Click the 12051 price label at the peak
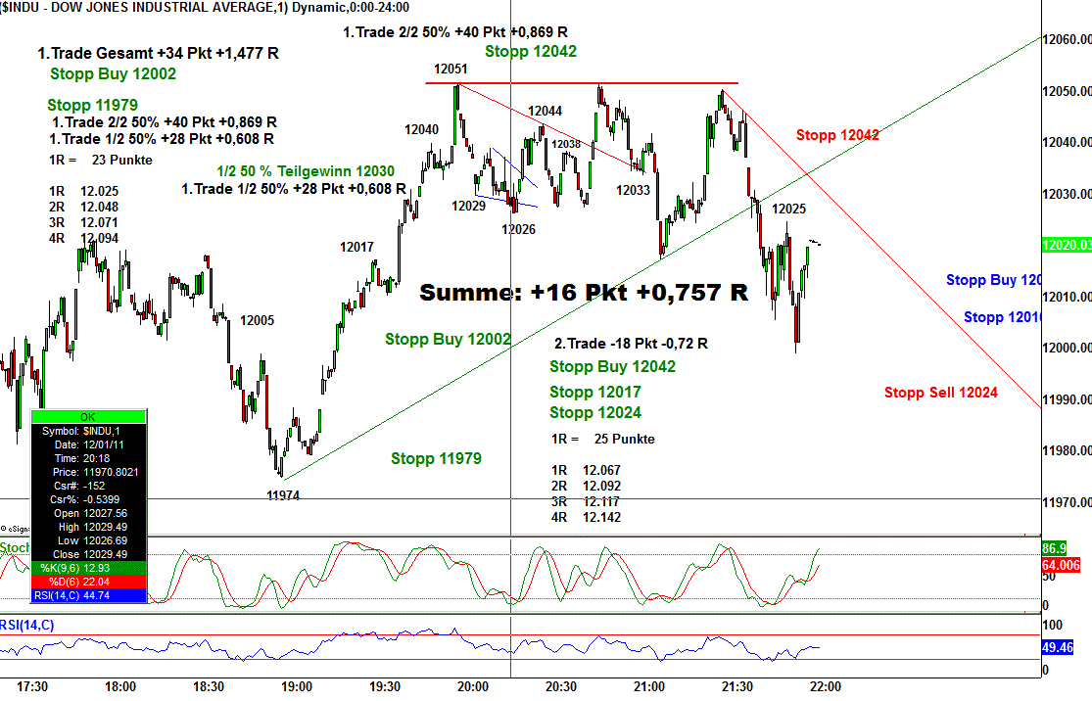pyautogui.click(x=451, y=70)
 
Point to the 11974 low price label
pyautogui.click(x=283, y=495)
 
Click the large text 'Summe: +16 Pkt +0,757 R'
pyautogui.click(x=584, y=292)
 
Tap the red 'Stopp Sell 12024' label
pyautogui.click(x=940, y=393)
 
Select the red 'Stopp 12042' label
pyautogui.click(x=837, y=135)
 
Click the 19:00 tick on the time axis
pyautogui.click(x=297, y=687)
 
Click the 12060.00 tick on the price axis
pyautogui.click(x=1066, y=40)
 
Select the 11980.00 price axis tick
pyautogui.click(x=1066, y=451)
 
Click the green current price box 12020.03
pyautogui.click(x=1066, y=246)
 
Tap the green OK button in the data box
pyautogui.click(x=89, y=417)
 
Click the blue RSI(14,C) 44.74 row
pyautogui.click(x=89, y=595)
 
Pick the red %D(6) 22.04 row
pyautogui.click(x=89, y=582)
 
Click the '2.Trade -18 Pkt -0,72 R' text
pyautogui.click(x=631, y=344)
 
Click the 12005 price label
pyautogui.click(x=258, y=320)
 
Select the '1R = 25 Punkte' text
pyautogui.click(x=603, y=439)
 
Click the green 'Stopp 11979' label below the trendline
pyautogui.click(x=436, y=458)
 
